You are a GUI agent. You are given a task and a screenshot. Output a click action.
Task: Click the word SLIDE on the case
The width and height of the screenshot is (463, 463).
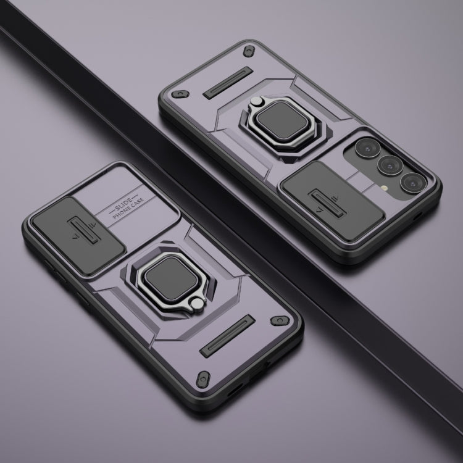point(123,206)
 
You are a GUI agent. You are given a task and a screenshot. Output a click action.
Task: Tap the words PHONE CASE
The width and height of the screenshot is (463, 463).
point(128,209)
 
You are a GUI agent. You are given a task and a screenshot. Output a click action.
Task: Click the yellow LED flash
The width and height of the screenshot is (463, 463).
point(384,188)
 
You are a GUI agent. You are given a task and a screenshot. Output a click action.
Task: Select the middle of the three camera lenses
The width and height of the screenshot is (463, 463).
point(390,165)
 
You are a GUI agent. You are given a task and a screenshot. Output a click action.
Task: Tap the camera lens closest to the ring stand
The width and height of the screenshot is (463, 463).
point(368,148)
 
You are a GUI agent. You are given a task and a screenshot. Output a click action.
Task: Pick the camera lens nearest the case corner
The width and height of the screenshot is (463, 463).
point(414,183)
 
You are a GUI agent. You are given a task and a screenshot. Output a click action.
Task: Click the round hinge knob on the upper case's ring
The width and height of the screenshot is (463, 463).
point(256,101)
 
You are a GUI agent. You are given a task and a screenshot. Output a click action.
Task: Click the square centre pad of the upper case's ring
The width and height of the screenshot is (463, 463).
point(282,120)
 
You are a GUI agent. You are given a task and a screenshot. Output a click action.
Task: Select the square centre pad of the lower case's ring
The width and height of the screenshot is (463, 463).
point(171,278)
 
